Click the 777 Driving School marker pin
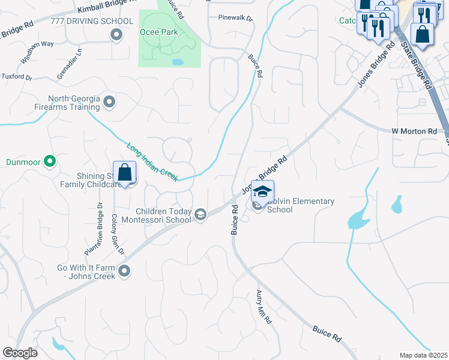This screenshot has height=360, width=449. point(116,35)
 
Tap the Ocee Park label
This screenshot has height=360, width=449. point(159,32)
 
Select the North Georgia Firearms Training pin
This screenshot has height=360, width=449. point(109,102)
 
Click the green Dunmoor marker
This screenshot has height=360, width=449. point(50,161)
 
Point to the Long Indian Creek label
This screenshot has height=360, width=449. point(152,159)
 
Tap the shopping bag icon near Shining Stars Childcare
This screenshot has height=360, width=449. point(124,173)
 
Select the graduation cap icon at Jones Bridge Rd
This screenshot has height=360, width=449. point(262,192)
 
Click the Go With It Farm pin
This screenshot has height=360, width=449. point(124,271)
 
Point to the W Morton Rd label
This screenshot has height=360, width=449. point(414,131)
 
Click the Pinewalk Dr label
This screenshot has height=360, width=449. point(235,18)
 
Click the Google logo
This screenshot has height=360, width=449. point(20,353)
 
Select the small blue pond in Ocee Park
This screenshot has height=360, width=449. point(177,62)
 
